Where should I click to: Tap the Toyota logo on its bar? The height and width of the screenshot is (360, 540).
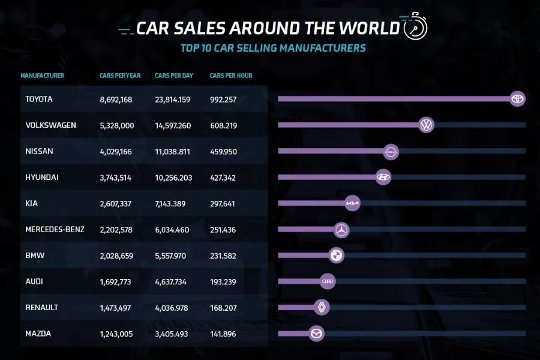click(517, 99)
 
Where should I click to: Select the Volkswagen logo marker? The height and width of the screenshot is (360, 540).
click(426, 125)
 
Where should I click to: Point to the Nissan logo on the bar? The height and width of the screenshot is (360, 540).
click(391, 152)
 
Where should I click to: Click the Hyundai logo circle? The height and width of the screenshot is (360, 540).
click(383, 177)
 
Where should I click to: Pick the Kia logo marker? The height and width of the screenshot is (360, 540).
click(352, 203)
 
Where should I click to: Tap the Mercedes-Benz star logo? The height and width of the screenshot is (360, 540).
click(341, 230)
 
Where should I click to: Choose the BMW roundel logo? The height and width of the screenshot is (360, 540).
click(337, 256)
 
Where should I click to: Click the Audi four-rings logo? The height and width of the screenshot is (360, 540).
click(328, 281)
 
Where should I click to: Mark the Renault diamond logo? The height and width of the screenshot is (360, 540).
click(322, 308)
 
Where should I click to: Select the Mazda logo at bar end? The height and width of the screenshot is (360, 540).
click(317, 334)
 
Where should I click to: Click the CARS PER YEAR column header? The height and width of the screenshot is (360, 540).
click(120, 76)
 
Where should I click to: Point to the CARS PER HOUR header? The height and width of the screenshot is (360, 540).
click(231, 76)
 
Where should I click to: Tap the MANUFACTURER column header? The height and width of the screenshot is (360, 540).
click(42, 76)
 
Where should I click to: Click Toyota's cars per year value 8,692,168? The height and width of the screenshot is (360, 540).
click(116, 100)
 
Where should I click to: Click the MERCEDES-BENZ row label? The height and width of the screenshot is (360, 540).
click(55, 229)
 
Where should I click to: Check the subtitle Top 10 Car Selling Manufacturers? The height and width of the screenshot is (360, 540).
click(273, 48)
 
